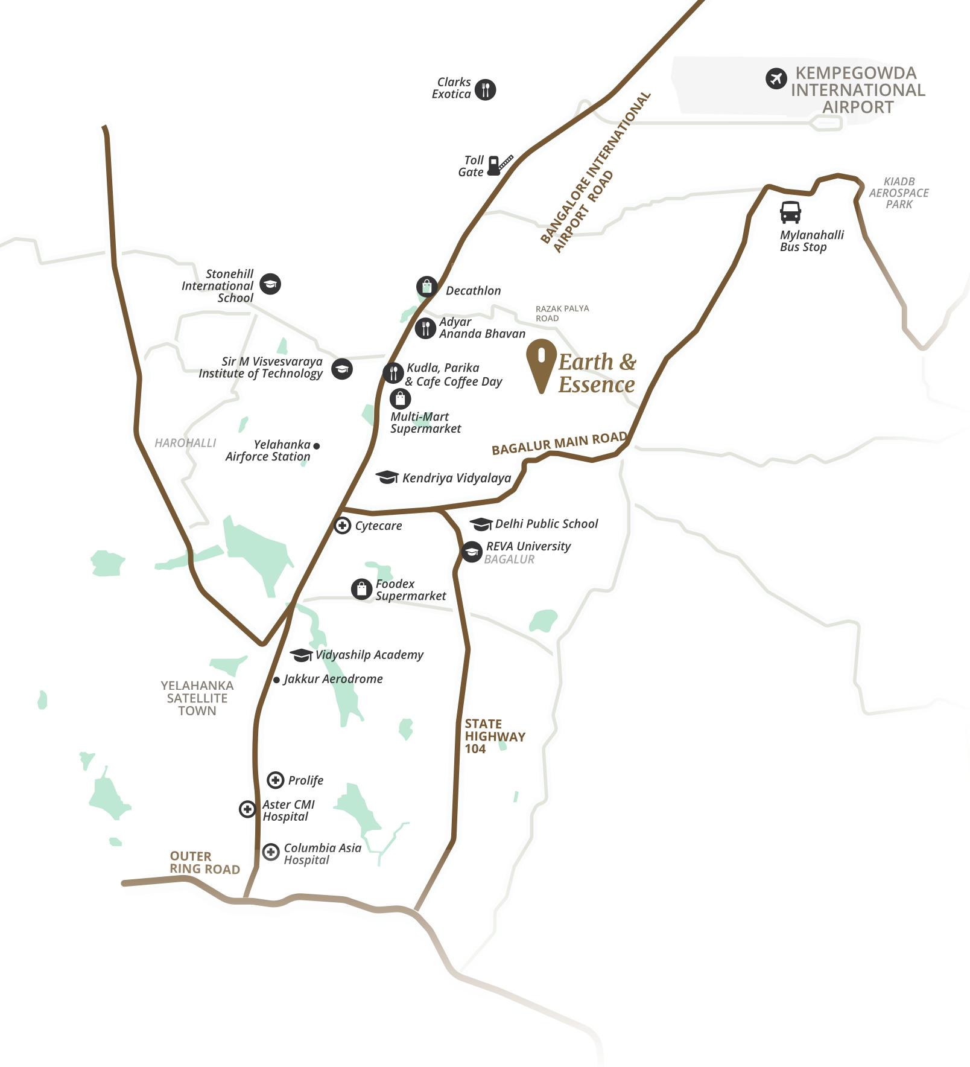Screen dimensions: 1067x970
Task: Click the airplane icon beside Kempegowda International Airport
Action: tap(776, 78)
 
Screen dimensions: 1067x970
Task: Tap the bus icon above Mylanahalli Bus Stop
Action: tap(790, 212)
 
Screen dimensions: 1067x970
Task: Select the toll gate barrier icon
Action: tap(499, 165)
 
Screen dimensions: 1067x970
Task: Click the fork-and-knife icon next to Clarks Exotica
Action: tap(485, 89)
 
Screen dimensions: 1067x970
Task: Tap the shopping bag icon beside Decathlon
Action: tap(426, 286)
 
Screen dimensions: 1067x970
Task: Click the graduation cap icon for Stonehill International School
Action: tap(270, 284)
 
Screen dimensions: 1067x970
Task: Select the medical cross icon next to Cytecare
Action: tap(342, 526)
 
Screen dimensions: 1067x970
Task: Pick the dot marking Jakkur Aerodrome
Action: tap(276, 680)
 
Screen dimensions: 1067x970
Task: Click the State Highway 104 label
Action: tap(494, 736)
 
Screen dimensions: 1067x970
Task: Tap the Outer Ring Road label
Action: tap(204, 862)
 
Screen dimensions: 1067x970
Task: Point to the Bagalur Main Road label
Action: tap(559, 444)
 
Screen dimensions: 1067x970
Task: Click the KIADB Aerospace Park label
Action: tap(898, 193)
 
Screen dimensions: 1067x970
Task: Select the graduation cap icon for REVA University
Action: tap(471, 551)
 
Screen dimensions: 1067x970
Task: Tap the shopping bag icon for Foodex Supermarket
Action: tap(361, 588)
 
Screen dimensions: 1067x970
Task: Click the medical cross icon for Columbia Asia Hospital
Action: tap(271, 852)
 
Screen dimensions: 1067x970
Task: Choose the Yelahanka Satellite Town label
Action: tap(197, 698)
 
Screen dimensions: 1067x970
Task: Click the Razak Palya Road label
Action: tap(562, 313)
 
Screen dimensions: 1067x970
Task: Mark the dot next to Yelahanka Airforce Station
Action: tap(317, 446)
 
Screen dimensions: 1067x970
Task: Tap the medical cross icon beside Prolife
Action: tap(275, 780)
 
